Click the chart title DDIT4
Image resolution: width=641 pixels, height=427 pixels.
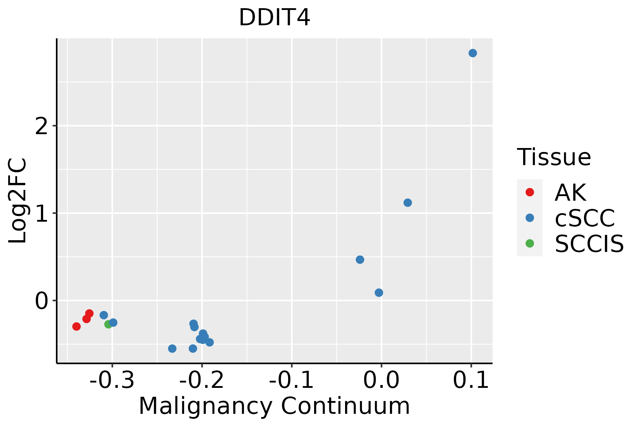tap(274, 18)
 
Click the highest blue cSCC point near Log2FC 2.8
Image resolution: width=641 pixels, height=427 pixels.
tap(473, 53)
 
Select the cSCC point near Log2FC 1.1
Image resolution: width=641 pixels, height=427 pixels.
tap(408, 202)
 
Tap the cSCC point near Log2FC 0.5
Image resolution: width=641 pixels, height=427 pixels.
tap(360, 259)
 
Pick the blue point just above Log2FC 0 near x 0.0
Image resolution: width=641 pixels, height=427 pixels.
tap(379, 292)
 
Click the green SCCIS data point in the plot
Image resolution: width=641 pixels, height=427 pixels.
tap(108, 324)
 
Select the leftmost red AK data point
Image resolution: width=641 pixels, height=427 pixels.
tap(77, 326)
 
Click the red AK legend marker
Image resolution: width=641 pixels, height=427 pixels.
tap(530, 192)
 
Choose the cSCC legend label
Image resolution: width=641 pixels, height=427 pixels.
tap(585, 218)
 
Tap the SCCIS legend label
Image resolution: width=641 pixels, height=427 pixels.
tap(589, 244)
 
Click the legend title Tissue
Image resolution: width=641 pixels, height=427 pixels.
tap(554, 157)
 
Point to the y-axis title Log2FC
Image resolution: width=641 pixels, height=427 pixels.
tap(18, 201)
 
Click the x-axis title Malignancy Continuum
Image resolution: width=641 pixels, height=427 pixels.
tap(274, 406)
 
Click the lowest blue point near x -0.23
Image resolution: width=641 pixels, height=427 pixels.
tap(172, 348)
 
